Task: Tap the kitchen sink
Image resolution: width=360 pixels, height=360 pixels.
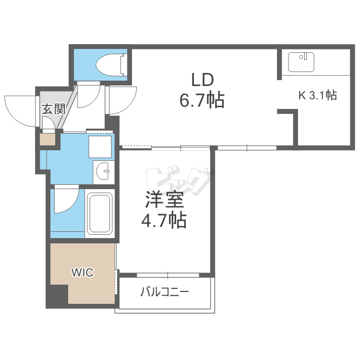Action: (x=301, y=62)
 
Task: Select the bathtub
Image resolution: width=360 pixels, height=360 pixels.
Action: (x=100, y=213)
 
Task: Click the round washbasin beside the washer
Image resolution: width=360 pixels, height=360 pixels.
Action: (x=103, y=170)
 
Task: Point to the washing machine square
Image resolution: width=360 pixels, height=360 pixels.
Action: (x=100, y=147)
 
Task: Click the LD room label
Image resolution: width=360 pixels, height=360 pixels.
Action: (x=203, y=80)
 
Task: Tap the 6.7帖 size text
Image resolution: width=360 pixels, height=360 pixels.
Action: (x=202, y=100)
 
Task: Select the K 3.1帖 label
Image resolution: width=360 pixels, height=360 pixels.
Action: (x=318, y=95)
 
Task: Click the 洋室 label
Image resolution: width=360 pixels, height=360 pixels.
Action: (x=164, y=200)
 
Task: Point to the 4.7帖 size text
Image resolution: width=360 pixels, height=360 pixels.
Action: (x=164, y=220)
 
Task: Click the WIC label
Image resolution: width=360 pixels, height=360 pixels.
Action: (x=83, y=273)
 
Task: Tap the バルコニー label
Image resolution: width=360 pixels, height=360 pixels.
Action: (x=165, y=292)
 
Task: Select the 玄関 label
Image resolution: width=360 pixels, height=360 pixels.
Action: (x=53, y=109)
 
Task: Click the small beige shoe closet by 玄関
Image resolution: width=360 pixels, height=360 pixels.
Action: (x=48, y=139)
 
